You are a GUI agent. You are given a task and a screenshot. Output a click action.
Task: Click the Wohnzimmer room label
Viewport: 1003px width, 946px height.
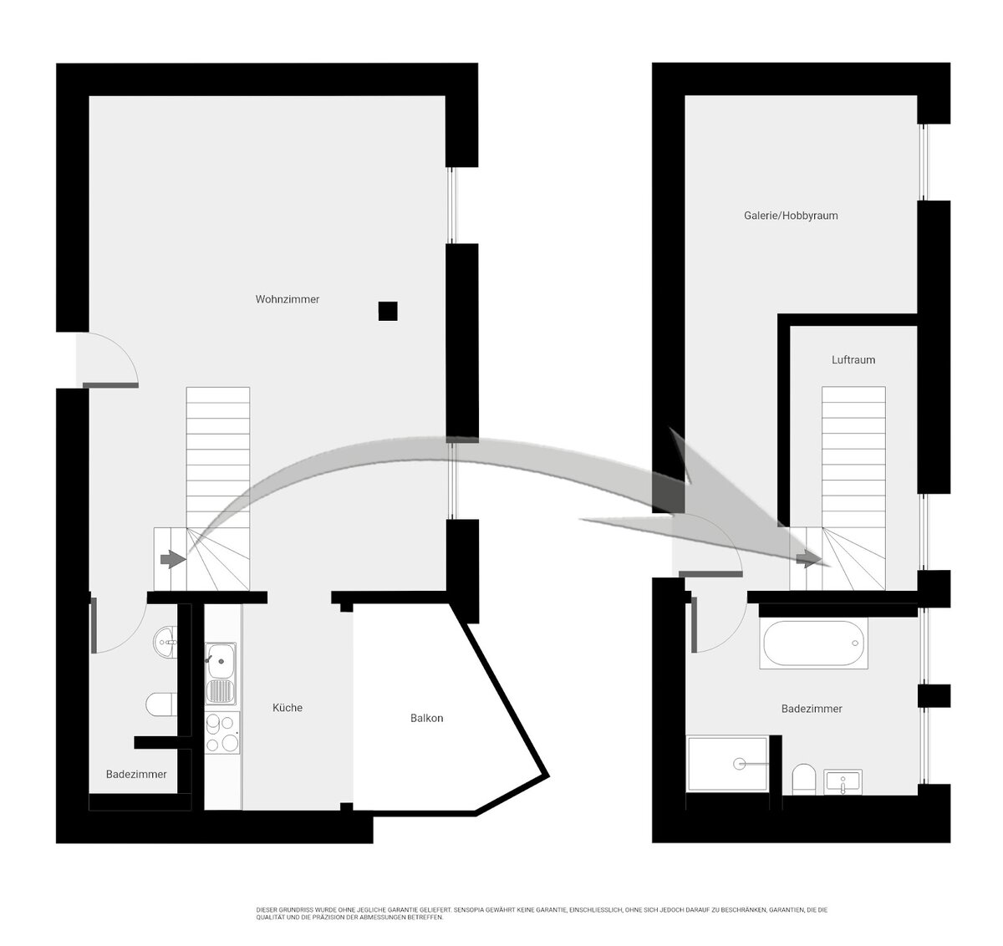[x=288, y=299]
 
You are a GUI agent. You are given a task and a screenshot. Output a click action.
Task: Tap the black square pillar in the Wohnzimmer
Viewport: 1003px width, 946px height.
[x=388, y=311]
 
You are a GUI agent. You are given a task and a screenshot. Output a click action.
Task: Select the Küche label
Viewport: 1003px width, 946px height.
[x=288, y=708]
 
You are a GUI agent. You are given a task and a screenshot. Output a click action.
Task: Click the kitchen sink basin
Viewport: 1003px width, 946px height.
[x=220, y=661]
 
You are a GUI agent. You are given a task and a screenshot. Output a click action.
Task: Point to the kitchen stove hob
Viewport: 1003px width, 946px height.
[x=222, y=733]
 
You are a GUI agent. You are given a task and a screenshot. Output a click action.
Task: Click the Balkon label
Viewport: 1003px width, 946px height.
[x=427, y=718]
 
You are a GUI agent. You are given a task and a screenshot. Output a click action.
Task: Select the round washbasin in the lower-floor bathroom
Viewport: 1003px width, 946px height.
[x=165, y=643]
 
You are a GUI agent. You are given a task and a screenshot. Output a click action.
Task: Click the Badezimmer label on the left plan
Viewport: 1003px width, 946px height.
[x=136, y=775]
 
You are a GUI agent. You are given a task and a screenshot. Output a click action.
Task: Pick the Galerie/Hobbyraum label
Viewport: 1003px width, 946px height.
[x=791, y=216]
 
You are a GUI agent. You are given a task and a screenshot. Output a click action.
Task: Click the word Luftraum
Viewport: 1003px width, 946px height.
[x=853, y=360]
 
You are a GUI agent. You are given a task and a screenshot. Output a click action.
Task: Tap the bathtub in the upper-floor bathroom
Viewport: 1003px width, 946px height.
[x=813, y=643]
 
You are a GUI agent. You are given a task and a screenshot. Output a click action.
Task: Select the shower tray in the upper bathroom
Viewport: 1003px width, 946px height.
[x=728, y=763]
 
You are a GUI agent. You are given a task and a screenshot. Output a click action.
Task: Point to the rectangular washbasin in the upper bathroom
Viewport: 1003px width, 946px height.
[x=843, y=782]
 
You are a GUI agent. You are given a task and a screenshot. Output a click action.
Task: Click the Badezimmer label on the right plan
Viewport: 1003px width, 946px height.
[x=812, y=709]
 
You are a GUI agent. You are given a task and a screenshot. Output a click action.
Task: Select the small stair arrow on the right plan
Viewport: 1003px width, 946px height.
[x=808, y=559]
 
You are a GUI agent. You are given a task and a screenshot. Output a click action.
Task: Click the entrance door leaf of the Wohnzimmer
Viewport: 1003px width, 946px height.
[x=110, y=385]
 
